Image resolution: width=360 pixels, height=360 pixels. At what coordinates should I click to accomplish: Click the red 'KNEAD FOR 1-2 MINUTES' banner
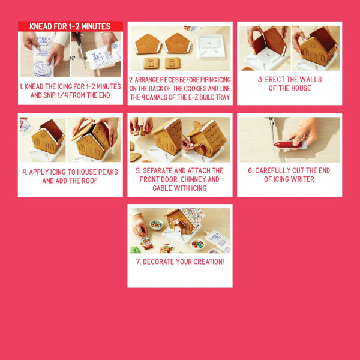pyautogui.click(x=70, y=26)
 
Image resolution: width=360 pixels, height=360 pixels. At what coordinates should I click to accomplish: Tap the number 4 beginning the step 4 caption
pyautogui.click(x=25, y=171)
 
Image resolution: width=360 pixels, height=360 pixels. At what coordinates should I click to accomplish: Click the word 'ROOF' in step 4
pyautogui.click(x=89, y=180)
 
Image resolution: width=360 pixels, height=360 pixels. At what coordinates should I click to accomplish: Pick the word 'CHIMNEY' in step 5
pyautogui.click(x=204, y=179)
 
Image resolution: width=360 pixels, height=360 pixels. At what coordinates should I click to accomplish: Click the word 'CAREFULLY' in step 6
pyautogui.click(x=275, y=170)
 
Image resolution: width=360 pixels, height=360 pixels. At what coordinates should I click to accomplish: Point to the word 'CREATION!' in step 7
pyautogui.click(x=206, y=262)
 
